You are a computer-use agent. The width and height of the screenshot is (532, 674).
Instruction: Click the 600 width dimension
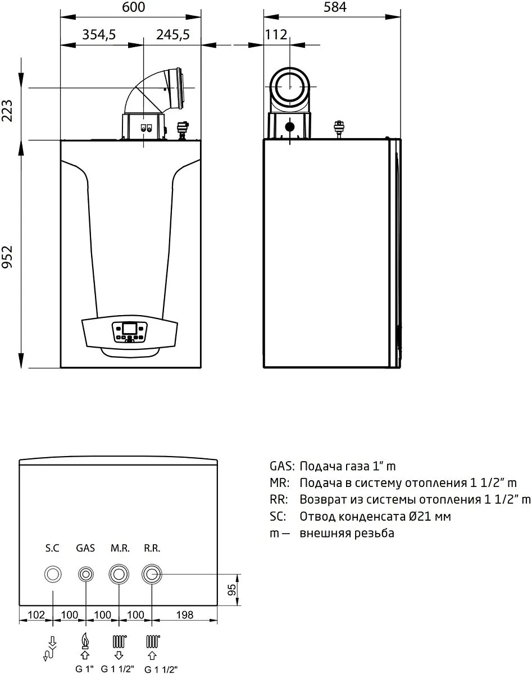point(134,7)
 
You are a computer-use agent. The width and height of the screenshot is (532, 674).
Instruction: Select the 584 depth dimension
point(335,7)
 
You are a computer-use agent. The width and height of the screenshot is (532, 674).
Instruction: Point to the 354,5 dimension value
point(99,35)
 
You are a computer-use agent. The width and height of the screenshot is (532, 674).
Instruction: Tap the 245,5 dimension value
point(173,35)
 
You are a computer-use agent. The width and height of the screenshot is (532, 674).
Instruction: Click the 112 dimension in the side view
point(276,34)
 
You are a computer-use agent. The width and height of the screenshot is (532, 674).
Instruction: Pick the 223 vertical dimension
point(7,111)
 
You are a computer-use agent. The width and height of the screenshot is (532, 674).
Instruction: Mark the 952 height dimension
point(7,257)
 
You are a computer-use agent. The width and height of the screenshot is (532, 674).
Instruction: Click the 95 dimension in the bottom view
point(231,590)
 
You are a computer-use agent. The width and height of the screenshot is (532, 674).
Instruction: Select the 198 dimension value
point(184,615)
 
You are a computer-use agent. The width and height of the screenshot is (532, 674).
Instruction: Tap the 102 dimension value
point(37,615)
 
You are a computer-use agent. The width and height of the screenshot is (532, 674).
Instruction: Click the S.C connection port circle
point(53,575)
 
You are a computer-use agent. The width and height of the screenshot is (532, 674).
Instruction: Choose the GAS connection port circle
point(85,575)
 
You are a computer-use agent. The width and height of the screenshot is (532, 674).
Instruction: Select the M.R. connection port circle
point(119,575)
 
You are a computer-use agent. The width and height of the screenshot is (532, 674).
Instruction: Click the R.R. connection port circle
point(152,575)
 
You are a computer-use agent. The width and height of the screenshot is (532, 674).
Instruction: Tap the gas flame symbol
point(85,640)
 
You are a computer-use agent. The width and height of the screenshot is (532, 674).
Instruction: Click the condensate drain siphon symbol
point(51,649)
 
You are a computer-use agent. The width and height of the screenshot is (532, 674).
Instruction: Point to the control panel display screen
point(129,329)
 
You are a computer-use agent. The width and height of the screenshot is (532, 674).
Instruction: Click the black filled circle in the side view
point(290,127)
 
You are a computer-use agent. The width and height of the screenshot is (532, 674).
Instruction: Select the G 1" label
point(85,669)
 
